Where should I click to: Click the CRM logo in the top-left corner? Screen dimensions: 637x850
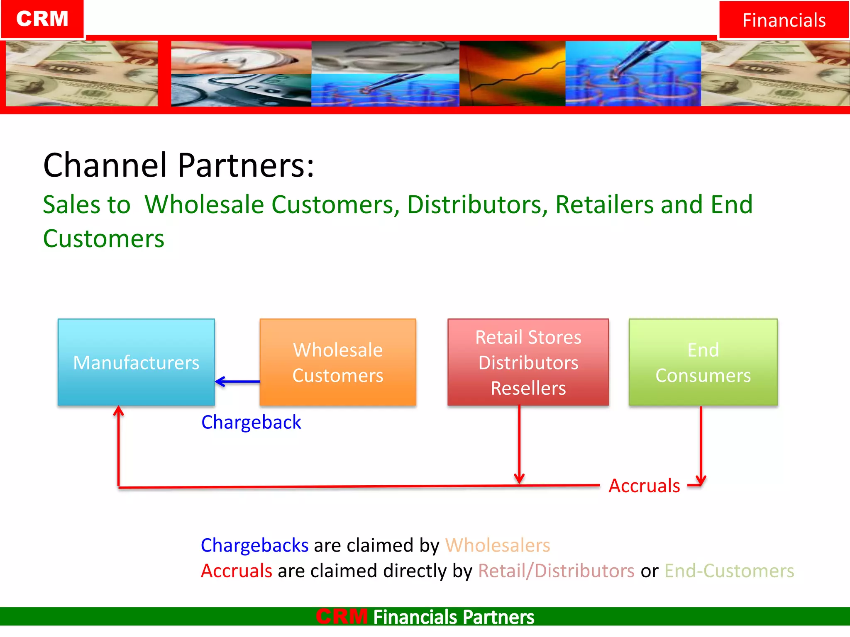point(42,19)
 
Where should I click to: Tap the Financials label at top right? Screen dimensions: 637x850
point(784,20)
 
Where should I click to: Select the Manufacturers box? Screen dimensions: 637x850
point(136,362)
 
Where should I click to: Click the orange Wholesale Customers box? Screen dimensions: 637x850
point(337,362)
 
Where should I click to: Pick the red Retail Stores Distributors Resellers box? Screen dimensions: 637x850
point(528,362)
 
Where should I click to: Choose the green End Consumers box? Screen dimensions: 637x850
point(703,362)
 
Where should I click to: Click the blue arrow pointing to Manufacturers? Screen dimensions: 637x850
point(237,382)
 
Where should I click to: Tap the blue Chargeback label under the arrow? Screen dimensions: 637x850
point(251,422)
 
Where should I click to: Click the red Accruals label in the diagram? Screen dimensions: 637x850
point(644,486)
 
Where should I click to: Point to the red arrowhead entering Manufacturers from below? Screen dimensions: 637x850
point(119,411)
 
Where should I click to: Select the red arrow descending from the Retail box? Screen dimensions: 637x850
point(519,444)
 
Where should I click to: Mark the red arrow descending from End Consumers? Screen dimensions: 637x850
point(701,444)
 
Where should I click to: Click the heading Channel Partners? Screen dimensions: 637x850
point(178,165)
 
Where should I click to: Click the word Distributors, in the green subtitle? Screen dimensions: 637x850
point(477,204)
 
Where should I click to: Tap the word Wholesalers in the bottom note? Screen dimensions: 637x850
point(497,545)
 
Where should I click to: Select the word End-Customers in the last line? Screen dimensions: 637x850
point(729,571)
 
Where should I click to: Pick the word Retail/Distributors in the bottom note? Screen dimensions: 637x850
point(556,571)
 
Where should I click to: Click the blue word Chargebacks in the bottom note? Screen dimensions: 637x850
point(254,545)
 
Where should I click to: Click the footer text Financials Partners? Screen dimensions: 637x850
point(453,617)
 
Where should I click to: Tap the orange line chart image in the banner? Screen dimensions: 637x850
point(512,73)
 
